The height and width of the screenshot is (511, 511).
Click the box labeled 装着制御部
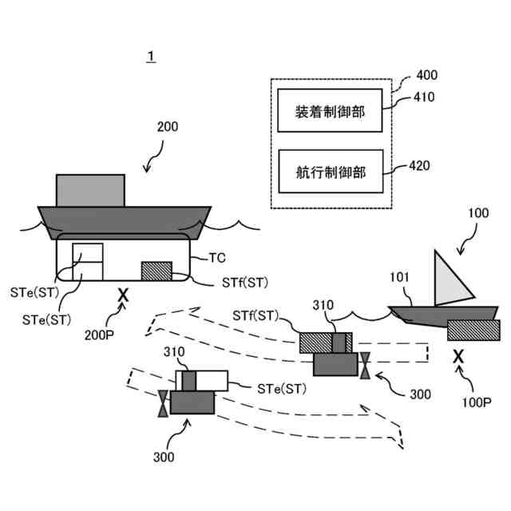[x=330, y=112]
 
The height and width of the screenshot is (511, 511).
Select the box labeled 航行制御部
[x=330, y=172]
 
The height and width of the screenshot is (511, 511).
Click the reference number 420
[x=419, y=166]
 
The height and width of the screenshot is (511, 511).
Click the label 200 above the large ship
[x=168, y=127]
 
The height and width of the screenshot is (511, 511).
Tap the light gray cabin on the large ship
[x=90, y=190]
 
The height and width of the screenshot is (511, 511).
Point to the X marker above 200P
[x=123, y=296]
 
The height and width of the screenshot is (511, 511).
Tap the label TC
[x=216, y=258]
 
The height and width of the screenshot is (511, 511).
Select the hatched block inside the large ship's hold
[x=156, y=271]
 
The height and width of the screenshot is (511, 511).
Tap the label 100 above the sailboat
[x=478, y=213]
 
